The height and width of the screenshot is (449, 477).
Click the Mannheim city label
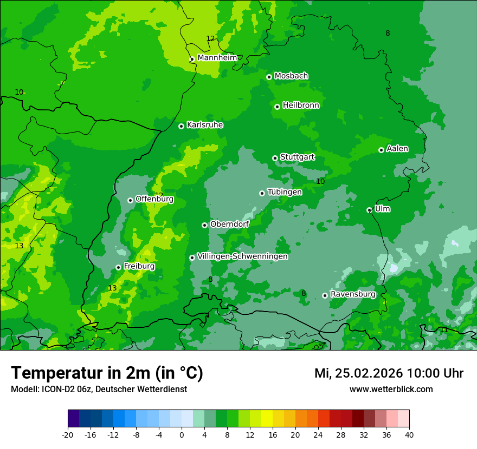point(217,57)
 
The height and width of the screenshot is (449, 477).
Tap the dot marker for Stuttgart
point(275,158)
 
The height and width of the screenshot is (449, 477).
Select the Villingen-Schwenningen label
point(242,256)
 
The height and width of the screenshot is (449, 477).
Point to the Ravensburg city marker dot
point(325,295)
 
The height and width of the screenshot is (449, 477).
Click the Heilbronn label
point(301,105)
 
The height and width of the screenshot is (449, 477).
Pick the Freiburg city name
point(139,266)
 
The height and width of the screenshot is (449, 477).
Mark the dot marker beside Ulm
point(369,210)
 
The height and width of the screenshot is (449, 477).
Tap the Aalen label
point(397,149)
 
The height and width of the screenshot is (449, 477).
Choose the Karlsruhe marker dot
point(181,126)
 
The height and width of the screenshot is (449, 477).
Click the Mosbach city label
point(291,76)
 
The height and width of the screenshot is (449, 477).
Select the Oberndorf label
point(229,224)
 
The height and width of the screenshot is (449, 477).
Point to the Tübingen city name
point(285,192)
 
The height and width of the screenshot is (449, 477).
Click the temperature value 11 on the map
point(443,330)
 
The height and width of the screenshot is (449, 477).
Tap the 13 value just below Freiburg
point(112,288)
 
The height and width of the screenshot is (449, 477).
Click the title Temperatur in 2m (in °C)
point(107,373)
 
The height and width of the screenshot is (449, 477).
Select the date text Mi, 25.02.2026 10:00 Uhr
point(389,373)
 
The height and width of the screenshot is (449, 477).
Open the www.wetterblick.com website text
point(391,389)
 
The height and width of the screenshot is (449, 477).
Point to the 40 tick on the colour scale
point(409,434)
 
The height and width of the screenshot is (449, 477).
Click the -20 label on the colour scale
point(68,434)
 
